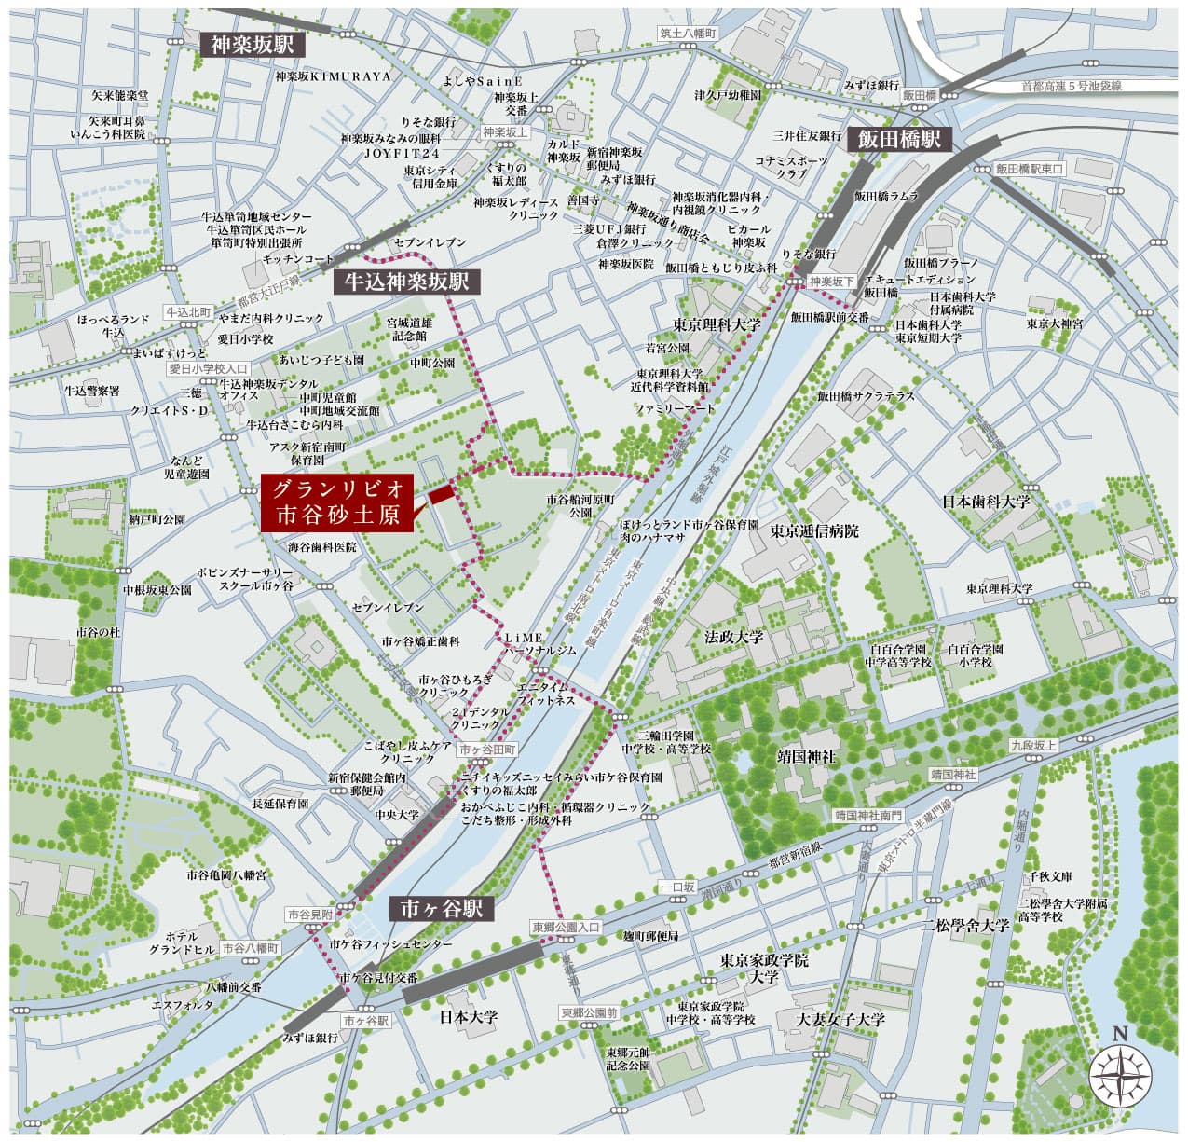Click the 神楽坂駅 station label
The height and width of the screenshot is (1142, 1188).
253,45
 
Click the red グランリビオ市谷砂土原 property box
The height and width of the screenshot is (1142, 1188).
336,503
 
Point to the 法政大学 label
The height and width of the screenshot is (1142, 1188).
733,638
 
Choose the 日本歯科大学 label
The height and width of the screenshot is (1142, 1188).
986,501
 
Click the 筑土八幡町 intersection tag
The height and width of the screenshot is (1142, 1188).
689,33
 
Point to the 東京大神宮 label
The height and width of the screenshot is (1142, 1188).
1055,323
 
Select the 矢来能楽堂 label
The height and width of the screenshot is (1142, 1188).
119,95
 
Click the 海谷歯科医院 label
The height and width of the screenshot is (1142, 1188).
322,547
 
